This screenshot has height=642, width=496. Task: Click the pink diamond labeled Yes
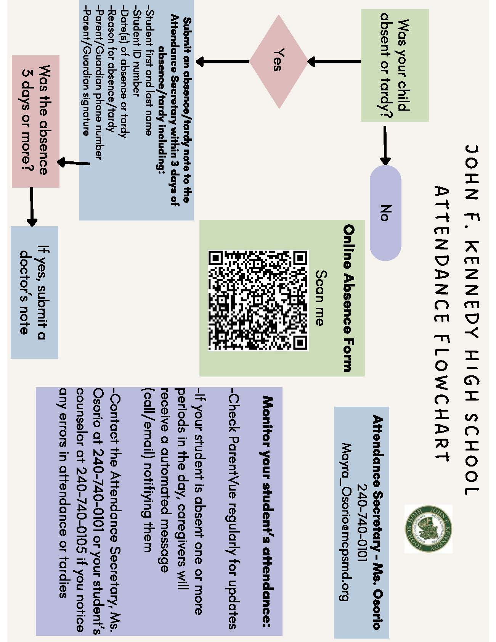pyautogui.click(x=279, y=62)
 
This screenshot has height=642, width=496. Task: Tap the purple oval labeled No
pyautogui.click(x=385, y=213)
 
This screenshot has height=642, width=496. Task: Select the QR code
pyautogui.click(x=258, y=301)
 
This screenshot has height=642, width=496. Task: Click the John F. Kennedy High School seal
pyautogui.click(x=428, y=529)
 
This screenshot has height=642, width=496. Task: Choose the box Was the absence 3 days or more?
pyautogui.click(x=36, y=121)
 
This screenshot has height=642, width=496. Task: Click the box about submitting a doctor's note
pyautogui.click(x=34, y=292)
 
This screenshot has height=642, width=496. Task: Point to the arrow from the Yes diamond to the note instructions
pyautogui.click(x=223, y=61)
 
